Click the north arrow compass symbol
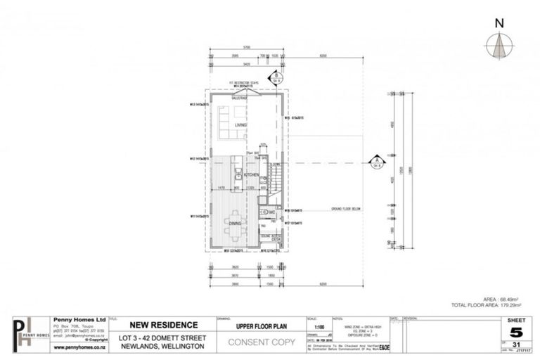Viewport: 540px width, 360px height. point(499,45)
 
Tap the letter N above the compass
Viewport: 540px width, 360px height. point(499,22)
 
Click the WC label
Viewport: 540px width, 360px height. point(271,212)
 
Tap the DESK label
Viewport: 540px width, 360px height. point(276,238)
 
